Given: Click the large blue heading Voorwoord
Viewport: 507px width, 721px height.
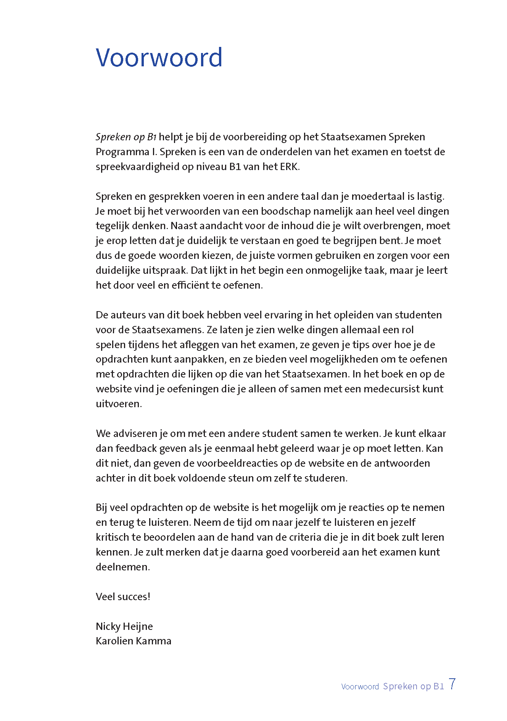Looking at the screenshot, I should pyautogui.click(x=159, y=58).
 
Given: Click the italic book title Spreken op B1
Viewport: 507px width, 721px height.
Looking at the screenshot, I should pyautogui.click(x=126, y=137).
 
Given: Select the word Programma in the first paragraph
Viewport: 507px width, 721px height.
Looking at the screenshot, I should pyautogui.click(x=122, y=152).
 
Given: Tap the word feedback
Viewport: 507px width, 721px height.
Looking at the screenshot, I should pyautogui.click(x=136, y=448).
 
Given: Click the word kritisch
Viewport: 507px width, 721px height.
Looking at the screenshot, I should pyautogui.click(x=113, y=537).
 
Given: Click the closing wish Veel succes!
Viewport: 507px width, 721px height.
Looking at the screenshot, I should pyautogui.click(x=123, y=597).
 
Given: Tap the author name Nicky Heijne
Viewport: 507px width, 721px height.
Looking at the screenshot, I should pyautogui.click(x=124, y=626).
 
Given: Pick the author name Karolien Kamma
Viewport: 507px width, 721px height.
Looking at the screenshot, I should pyautogui.click(x=134, y=641).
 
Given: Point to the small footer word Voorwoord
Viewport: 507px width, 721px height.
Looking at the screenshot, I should pyautogui.click(x=360, y=687).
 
